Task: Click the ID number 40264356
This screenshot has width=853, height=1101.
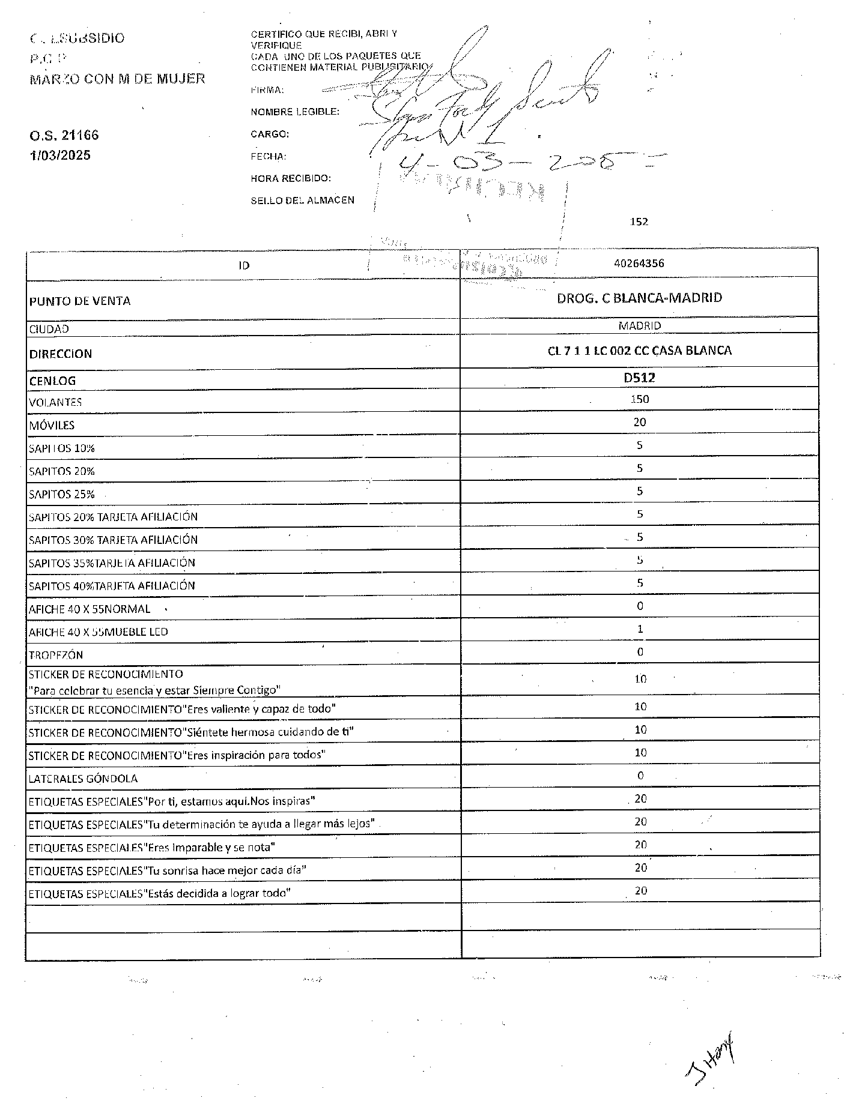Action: click(639, 263)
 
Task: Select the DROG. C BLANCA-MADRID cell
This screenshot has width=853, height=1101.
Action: click(639, 298)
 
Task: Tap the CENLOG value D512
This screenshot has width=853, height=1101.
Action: click(639, 378)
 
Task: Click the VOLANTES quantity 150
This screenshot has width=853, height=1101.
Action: click(640, 399)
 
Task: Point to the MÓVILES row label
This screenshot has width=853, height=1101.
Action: click(52, 426)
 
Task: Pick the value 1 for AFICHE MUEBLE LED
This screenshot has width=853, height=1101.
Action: click(640, 629)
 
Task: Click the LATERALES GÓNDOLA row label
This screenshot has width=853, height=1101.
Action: click(83, 779)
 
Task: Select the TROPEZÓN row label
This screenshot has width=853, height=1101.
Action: click(56, 655)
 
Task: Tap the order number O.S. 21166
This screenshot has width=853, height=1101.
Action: click(64, 135)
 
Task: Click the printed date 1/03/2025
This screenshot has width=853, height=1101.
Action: click(60, 155)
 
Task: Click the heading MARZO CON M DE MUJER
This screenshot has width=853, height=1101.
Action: click(117, 79)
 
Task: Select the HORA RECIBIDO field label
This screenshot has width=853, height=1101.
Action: click(291, 178)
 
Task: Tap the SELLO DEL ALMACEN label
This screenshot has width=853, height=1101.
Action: click(302, 201)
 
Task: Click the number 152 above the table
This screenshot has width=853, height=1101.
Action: click(639, 222)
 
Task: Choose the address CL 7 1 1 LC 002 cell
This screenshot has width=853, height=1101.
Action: click(639, 351)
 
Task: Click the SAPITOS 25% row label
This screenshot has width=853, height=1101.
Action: click(62, 495)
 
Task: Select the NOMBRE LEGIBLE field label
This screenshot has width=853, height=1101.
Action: click(294, 112)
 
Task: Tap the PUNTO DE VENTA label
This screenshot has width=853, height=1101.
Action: click(80, 301)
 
